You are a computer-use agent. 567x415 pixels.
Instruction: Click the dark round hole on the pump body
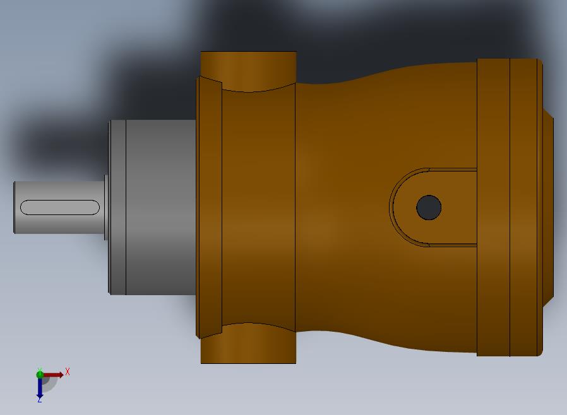point(429,208)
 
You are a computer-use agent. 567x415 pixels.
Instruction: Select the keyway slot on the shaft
point(59,208)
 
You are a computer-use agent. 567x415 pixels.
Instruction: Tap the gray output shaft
point(59,208)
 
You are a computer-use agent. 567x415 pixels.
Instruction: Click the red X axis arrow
point(53,375)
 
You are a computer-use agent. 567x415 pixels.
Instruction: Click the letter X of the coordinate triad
point(68,371)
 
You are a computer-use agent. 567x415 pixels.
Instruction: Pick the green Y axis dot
point(40,375)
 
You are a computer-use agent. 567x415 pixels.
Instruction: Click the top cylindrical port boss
point(248,69)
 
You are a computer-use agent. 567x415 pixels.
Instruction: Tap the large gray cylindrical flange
point(161,208)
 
